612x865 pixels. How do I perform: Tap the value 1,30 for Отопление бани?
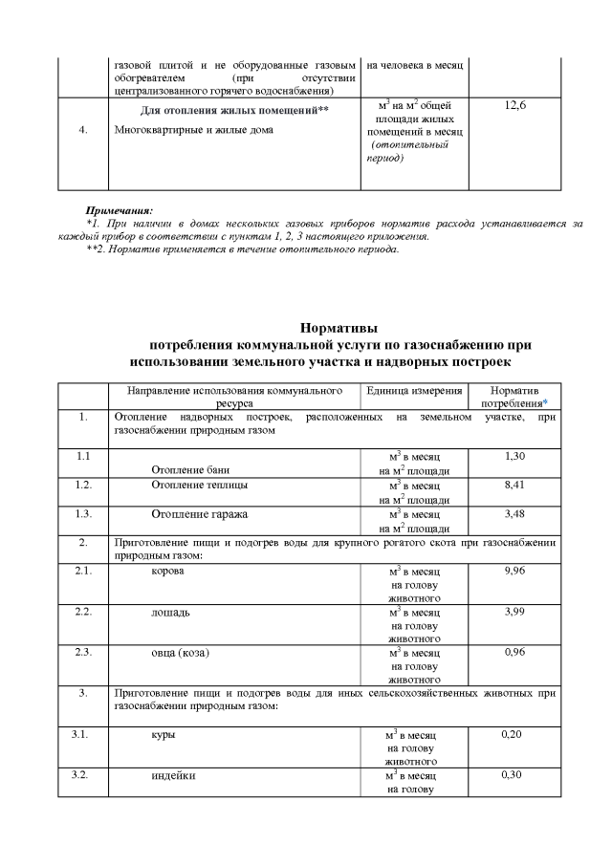[x=514, y=457]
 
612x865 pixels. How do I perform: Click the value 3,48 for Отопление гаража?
[x=514, y=513]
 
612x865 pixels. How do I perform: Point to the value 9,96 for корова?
[x=514, y=571]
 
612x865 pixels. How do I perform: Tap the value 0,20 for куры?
[x=514, y=735]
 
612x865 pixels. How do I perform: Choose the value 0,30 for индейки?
[x=514, y=775]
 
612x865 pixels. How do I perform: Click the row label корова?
[x=168, y=571]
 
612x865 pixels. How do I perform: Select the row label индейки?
[x=173, y=775]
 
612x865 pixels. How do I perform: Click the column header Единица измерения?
[x=414, y=392]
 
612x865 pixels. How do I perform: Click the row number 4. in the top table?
[x=84, y=131]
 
